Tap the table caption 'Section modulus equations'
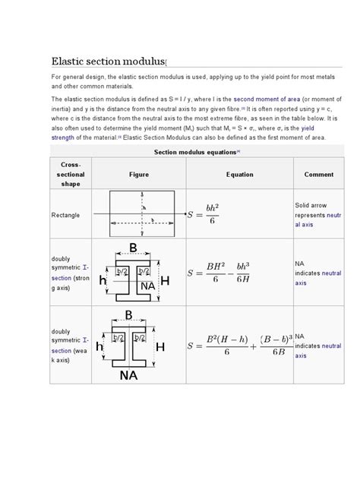click(197, 152)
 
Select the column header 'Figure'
click(138, 174)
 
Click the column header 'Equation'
click(239, 174)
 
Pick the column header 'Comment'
click(318, 174)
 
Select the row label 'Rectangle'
click(66, 215)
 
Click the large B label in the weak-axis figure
click(128, 315)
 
